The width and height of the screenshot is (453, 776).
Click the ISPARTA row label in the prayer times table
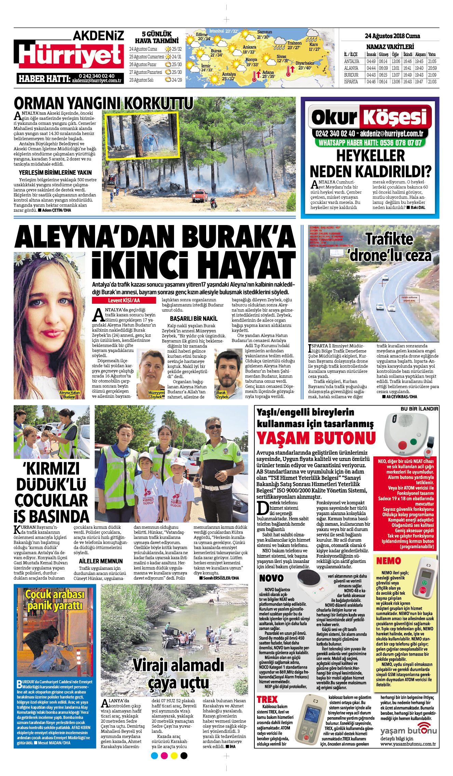351,82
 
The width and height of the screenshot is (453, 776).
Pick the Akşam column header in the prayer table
420,54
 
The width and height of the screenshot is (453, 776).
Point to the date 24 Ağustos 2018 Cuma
392,36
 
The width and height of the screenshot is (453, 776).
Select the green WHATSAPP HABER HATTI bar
370,143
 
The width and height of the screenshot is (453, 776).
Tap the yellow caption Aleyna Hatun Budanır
69,395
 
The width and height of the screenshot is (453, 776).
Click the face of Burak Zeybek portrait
227,367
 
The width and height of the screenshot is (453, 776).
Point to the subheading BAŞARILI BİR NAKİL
194,318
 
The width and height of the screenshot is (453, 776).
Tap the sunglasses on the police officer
214,427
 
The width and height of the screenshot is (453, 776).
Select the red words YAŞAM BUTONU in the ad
316,438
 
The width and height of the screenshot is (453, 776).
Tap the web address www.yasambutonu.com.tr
408,744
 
